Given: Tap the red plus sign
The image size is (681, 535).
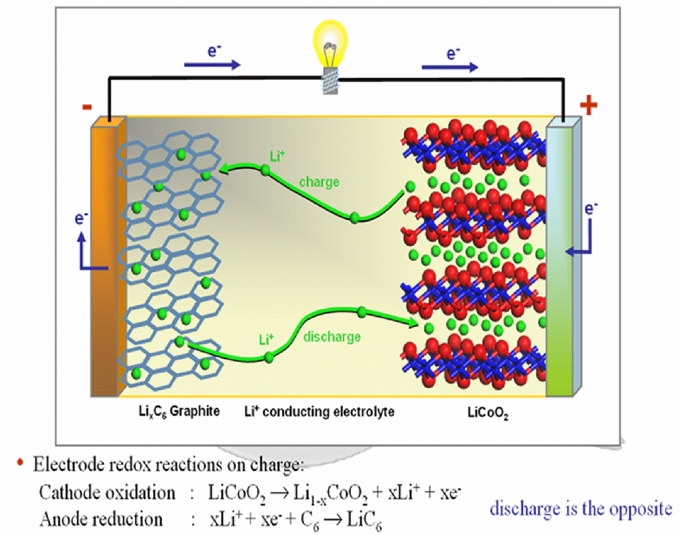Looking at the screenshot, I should pos(588,105).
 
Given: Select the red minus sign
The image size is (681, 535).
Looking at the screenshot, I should pos(87,106).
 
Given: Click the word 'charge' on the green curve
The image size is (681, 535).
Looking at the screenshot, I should pos(319,182).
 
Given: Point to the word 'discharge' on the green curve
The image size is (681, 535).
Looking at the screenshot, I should pos(332,336).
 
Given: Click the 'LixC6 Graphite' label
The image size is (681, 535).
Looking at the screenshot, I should pos(179,411).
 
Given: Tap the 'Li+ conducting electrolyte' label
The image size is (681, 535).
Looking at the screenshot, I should pos(319,411).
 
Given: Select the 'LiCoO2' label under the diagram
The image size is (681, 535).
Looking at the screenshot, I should pos(487,413).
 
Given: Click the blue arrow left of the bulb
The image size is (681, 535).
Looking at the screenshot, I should pos(212,65).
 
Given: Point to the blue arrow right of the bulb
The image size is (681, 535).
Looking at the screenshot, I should pos(449,67).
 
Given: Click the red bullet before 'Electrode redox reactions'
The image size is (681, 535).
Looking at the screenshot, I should pos(20,462).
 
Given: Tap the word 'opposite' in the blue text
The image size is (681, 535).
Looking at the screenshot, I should pos(640,509).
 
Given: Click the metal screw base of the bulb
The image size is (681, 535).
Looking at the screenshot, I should pos(330,83).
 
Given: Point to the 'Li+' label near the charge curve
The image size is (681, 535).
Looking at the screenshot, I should pos(277,156).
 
